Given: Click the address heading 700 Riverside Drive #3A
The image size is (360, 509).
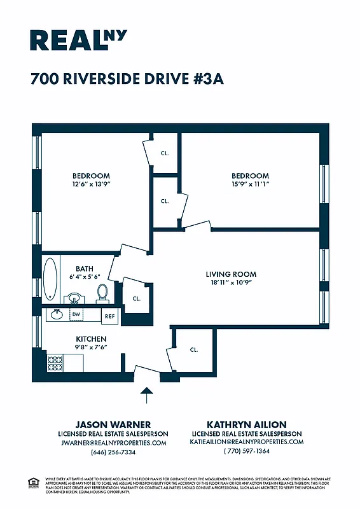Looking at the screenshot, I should [x=127, y=80].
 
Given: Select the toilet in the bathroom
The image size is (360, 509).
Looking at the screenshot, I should [x=102, y=293].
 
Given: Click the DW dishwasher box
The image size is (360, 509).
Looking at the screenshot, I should [x=76, y=314].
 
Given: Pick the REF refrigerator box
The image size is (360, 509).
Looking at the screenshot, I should [x=110, y=316].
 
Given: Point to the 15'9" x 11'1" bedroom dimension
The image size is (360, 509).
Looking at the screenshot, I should [x=250, y=183].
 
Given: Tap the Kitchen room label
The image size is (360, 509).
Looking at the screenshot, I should [x=91, y=338].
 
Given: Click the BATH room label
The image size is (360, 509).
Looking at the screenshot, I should [x=85, y=268].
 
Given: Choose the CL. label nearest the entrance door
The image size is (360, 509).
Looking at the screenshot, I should [x=194, y=349].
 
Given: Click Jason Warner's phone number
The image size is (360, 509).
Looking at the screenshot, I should [x=113, y=452].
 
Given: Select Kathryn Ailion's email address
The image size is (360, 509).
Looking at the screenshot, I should [x=246, y=442].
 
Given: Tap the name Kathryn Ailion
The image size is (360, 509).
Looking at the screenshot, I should [x=246, y=424].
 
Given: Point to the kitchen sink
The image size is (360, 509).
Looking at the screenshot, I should [x=57, y=314].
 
